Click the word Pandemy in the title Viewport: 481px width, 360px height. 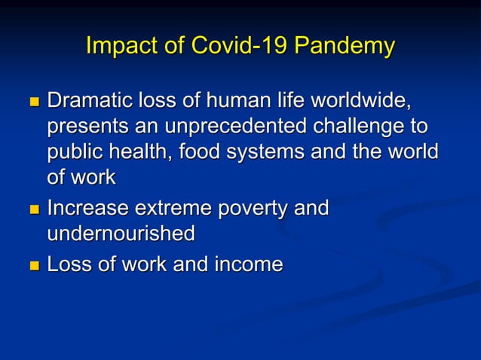click(x=343, y=46)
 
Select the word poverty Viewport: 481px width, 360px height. click(x=253, y=207)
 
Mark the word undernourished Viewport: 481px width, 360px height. click(x=121, y=233)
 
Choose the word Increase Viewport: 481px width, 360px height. click(x=84, y=207)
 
